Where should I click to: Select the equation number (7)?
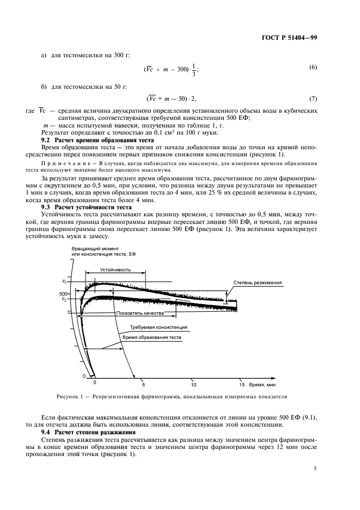313,99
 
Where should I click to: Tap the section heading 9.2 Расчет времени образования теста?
93,140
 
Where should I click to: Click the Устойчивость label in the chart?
114,270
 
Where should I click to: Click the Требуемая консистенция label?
158,327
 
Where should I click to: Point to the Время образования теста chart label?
151,337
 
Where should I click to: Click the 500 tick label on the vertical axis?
63,294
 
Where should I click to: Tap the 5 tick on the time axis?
143,384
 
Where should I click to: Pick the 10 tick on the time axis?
192,384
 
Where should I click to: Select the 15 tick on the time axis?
241,384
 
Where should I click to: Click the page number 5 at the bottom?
315,467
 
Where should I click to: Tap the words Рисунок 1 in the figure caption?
70,397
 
